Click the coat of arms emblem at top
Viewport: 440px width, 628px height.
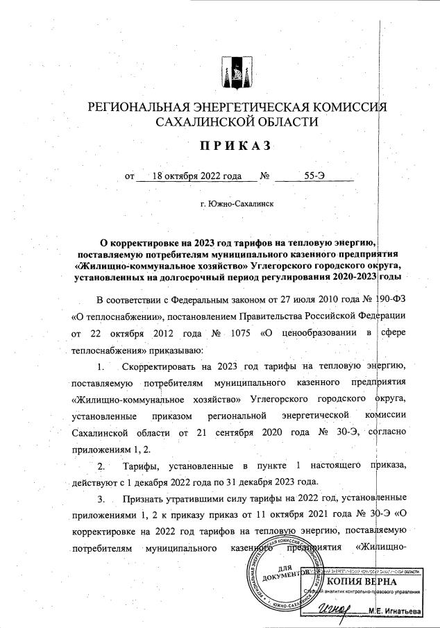click(x=232, y=71)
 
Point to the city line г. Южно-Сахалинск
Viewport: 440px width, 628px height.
click(x=236, y=205)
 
